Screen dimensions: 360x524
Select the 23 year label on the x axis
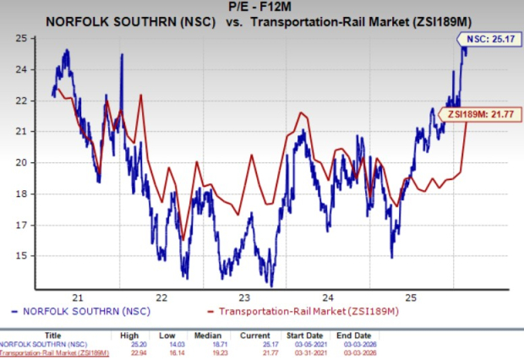243,297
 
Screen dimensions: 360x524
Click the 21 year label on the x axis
78,297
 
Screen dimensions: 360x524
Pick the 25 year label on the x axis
409,297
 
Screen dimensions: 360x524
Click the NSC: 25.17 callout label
490,38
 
